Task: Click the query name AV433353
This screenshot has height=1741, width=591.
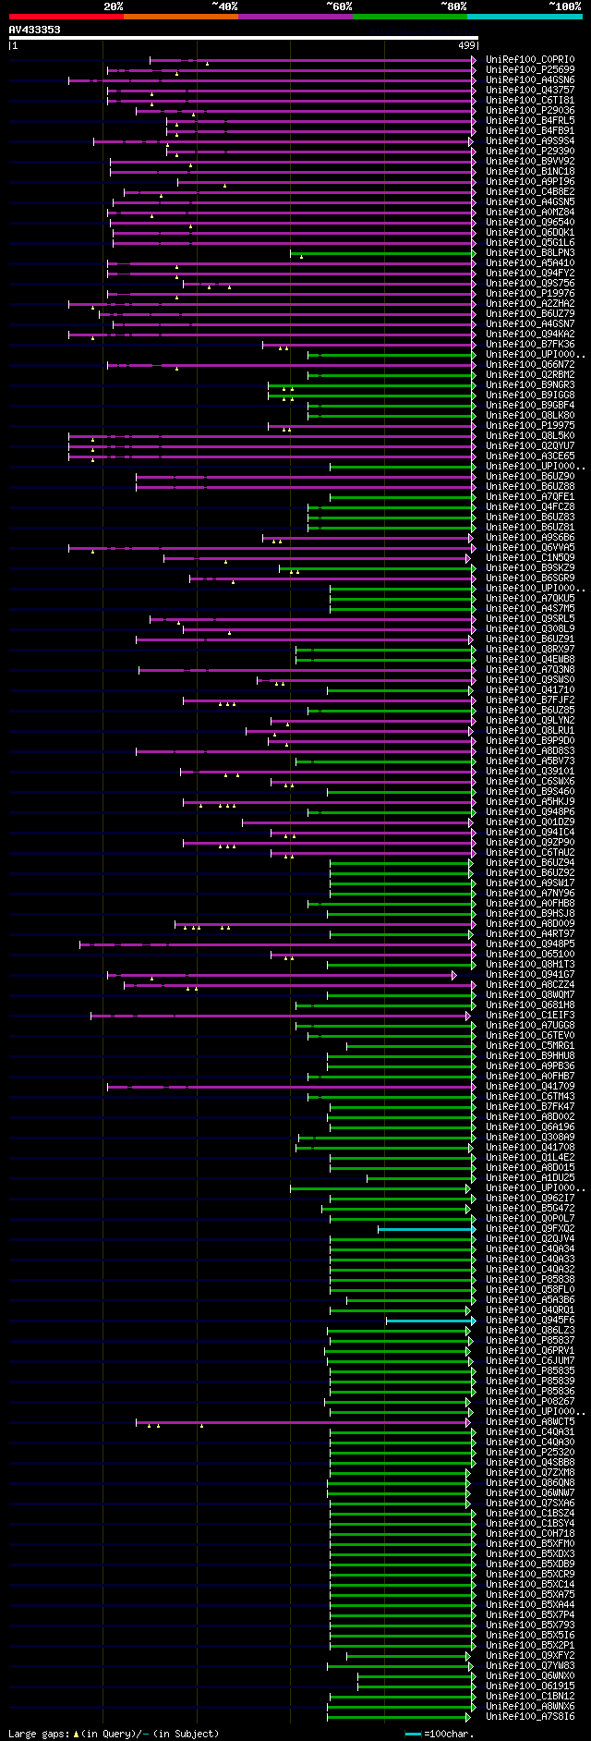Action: (x=35, y=30)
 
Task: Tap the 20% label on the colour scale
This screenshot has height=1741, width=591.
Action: (x=114, y=6)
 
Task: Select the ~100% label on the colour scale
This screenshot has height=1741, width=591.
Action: (x=564, y=6)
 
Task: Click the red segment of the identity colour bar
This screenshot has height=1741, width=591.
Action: (x=66, y=17)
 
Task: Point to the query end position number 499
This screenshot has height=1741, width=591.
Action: (x=466, y=45)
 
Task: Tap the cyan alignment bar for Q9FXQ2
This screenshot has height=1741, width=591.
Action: (x=425, y=1229)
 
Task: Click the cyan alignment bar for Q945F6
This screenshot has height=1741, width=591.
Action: (x=429, y=1321)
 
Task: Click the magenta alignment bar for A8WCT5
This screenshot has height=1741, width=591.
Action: (x=305, y=1422)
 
